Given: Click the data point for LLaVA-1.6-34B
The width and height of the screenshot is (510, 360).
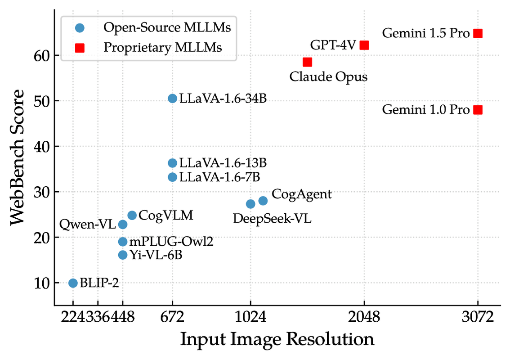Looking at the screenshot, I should click(x=172, y=98).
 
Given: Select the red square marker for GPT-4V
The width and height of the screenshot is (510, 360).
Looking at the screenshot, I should click(x=364, y=45).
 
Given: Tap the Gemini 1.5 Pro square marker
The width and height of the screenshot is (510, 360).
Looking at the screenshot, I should click(x=478, y=33).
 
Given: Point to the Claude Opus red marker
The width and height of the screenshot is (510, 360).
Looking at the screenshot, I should click(x=307, y=62).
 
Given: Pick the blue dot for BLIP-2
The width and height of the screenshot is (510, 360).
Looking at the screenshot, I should click(x=73, y=283).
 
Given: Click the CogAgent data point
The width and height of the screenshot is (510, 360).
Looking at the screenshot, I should click(x=263, y=200).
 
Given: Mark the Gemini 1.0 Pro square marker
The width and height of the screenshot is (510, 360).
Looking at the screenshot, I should click(x=478, y=110).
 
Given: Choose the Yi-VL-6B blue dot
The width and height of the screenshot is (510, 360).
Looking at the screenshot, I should click(x=122, y=255).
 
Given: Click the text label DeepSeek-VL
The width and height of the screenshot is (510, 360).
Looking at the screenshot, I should click(x=272, y=219).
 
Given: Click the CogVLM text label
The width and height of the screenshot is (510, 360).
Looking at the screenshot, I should click(x=166, y=215).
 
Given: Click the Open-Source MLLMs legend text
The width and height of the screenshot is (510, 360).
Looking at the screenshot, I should click(x=167, y=27).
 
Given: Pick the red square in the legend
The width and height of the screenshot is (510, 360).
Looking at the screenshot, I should click(x=80, y=47).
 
